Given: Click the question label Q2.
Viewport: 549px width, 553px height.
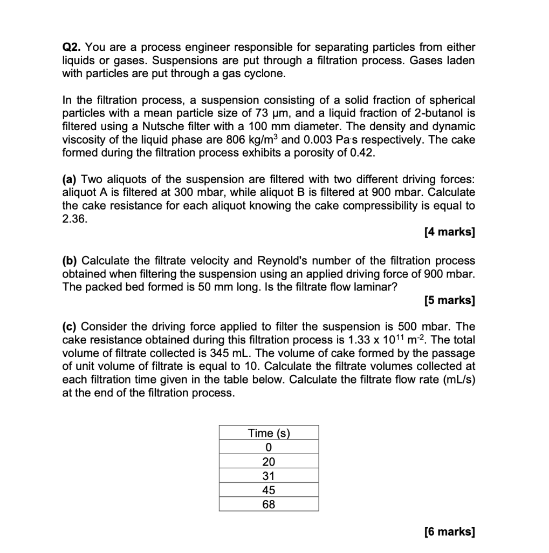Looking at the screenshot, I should coord(72,48).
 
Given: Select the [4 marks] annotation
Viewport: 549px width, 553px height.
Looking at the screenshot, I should coord(449,233).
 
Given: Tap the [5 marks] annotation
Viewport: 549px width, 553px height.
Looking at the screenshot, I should coord(449,300).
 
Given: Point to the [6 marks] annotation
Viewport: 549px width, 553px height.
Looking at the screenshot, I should coord(449,532).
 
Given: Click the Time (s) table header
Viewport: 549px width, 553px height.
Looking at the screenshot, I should coord(269,433).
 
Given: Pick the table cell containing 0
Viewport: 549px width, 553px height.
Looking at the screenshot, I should coord(269,447).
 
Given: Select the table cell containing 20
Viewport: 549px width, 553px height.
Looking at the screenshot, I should coord(269,462).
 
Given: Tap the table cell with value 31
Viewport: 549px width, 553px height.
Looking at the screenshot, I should coord(269,476).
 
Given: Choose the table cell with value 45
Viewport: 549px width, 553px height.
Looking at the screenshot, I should coord(269,490).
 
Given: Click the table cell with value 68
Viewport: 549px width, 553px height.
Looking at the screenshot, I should coord(269,504).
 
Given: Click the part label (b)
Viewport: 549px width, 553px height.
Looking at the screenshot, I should coord(70,261).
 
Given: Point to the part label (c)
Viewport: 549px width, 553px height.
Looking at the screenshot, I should coord(70,327).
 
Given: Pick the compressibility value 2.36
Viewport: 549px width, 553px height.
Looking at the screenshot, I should coord(74,220).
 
